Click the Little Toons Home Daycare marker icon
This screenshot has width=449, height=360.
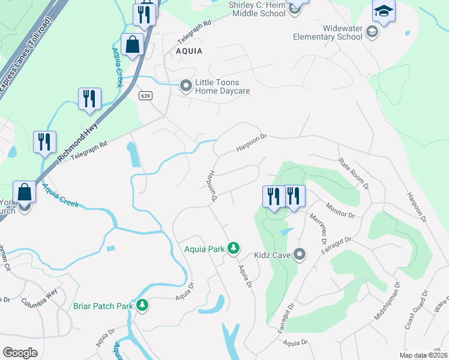[x=186, y=87]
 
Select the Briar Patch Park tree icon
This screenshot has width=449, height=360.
[x=142, y=306]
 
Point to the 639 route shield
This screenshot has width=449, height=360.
[x=145, y=96]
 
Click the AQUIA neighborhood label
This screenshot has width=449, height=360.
[x=189, y=52]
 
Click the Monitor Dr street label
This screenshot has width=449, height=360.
[x=340, y=210]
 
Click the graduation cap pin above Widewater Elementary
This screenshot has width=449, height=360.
[x=384, y=11]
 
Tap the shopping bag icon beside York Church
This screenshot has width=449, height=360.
[x=25, y=193]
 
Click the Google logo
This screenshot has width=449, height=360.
[x=20, y=352]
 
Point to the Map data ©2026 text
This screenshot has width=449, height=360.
[x=423, y=355]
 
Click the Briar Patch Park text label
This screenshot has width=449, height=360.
[x=103, y=306]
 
